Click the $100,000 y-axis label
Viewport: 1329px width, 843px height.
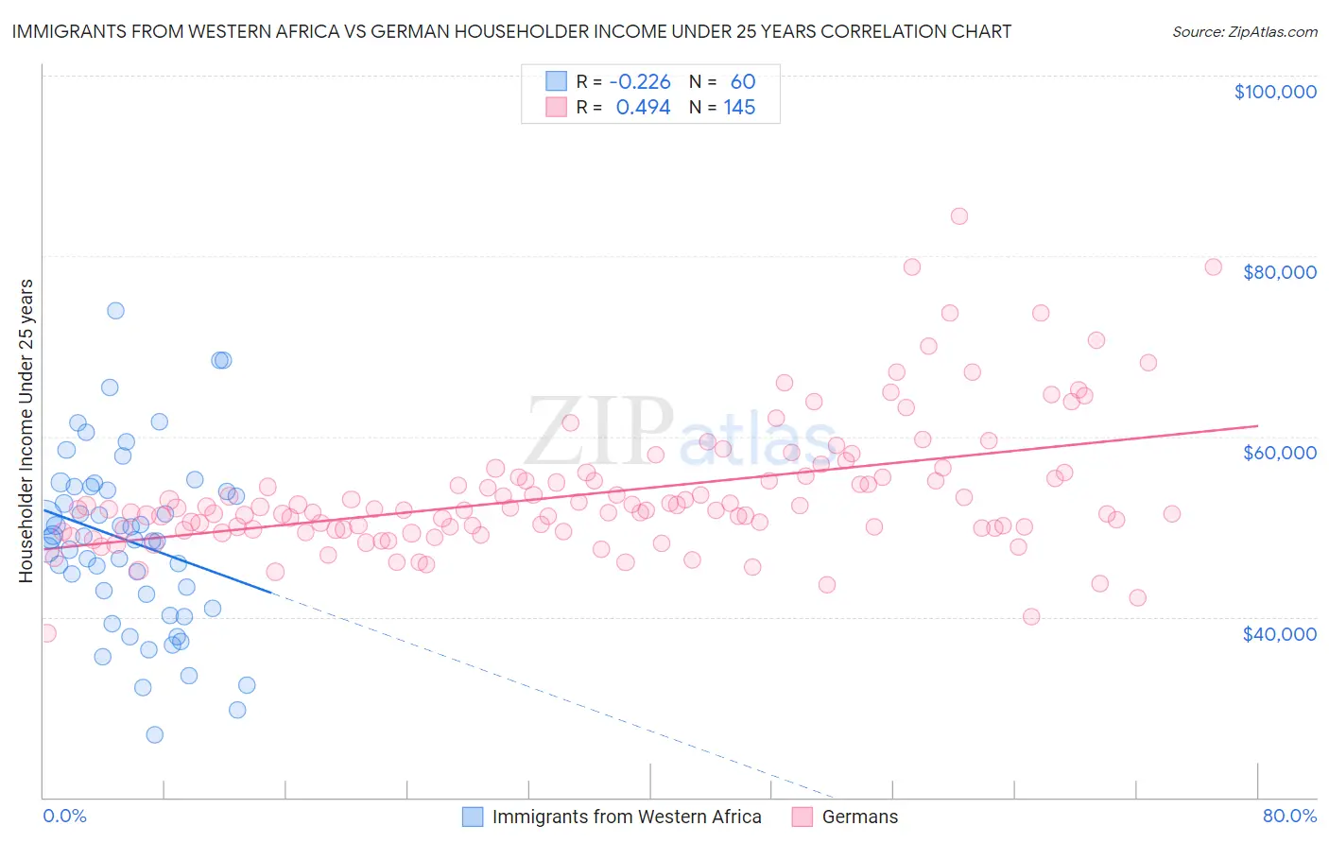coord(1274,92)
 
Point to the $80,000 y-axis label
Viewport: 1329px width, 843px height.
coord(1279,272)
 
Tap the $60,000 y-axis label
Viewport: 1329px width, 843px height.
coord(1279,453)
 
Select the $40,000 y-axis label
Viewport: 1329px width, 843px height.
coord(1279,634)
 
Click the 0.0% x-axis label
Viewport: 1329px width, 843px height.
coord(64,816)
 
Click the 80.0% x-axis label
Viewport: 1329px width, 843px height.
coord(1289,816)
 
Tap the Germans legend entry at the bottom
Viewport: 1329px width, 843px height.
coord(859,817)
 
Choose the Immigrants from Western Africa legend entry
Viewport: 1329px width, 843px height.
coord(626,817)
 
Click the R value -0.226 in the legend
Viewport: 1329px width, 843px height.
coord(640,81)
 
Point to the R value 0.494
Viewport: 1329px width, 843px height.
coord(643,107)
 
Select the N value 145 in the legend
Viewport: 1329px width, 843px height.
coord(739,107)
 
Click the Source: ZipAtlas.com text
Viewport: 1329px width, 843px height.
coord(1244,31)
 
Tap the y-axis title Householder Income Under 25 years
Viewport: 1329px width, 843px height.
coord(26,430)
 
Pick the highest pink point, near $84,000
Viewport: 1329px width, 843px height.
coord(958,215)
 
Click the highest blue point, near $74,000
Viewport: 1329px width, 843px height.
coord(115,310)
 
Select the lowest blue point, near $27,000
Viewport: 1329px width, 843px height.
coord(155,734)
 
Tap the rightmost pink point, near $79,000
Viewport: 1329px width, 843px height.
coord(1213,267)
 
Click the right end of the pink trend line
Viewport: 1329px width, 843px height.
coord(1257,426)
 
